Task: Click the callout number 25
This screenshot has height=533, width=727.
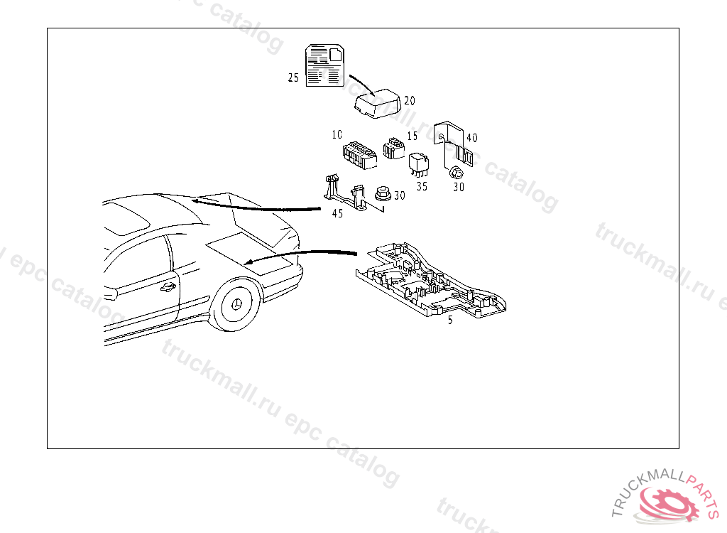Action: (x=293, y=77)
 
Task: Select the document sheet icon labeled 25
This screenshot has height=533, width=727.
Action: (x=324, y=65)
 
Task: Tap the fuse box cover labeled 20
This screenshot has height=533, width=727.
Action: (x=377, y=104)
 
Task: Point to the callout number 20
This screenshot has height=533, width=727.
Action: (x=410, y=101)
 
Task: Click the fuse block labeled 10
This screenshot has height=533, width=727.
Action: (x=360, y=155)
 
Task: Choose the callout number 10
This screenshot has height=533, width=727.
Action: (x=337, y=134)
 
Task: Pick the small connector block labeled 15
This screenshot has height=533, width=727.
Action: (x=393, y=148)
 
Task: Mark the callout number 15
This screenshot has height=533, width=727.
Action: (x=412, y=136)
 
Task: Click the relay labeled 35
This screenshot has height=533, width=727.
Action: (x=419, y=165)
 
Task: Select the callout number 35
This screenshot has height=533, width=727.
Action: (x=422, y=186)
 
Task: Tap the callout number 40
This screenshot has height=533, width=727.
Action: (x=472, y=138)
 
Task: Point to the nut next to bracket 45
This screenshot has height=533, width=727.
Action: (x=383, y=193)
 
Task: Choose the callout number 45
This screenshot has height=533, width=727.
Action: (x=337, y=214)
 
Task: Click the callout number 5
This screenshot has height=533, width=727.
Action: (x=450, y=321)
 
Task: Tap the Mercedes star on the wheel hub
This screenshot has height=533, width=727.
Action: (x=237, y=305)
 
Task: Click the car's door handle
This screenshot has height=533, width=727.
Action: (x=168, y=288)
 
